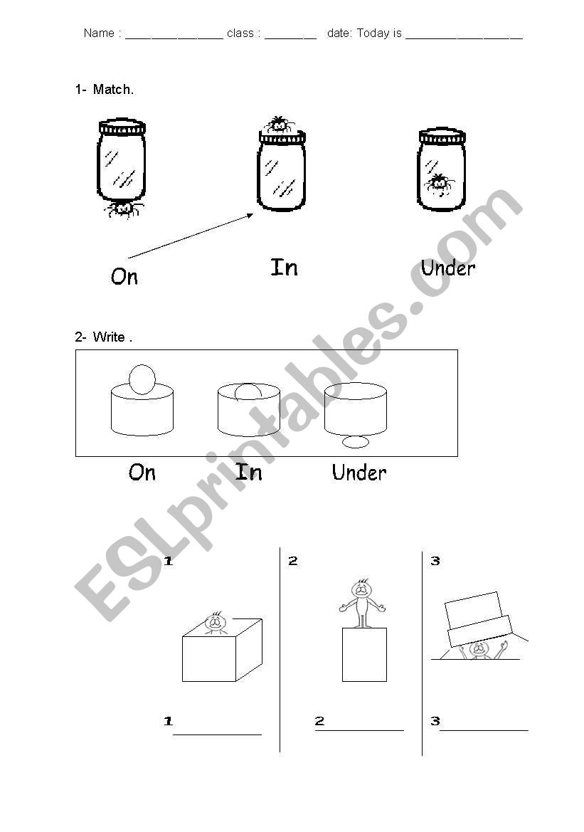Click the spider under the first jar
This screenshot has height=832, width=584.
coord(123,209)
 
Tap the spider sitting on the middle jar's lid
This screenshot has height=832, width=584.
coord(280,125)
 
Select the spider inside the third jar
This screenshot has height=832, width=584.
coord(439,184)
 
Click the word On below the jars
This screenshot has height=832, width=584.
coord(124,276)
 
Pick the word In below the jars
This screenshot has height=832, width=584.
coord(285,268)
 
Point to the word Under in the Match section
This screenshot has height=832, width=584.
coord(447,268)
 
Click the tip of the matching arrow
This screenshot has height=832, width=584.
coord(253,214)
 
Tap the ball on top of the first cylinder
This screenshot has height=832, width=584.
coord(142,379)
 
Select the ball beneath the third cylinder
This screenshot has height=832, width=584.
coord(356,441)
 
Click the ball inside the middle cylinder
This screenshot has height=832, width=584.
coord(248,391)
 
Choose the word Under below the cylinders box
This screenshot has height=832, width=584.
coord(359,473)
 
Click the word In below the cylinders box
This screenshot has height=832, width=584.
coord(249,472)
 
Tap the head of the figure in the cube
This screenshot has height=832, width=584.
coord(216,621)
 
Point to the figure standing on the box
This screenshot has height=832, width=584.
coord(362,603)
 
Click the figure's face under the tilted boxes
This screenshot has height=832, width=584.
coord(479,649)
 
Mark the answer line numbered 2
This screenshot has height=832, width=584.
coord(359,731)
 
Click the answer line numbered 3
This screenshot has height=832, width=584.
coord(484,731)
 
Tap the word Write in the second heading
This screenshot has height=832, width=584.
coord(109,337)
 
